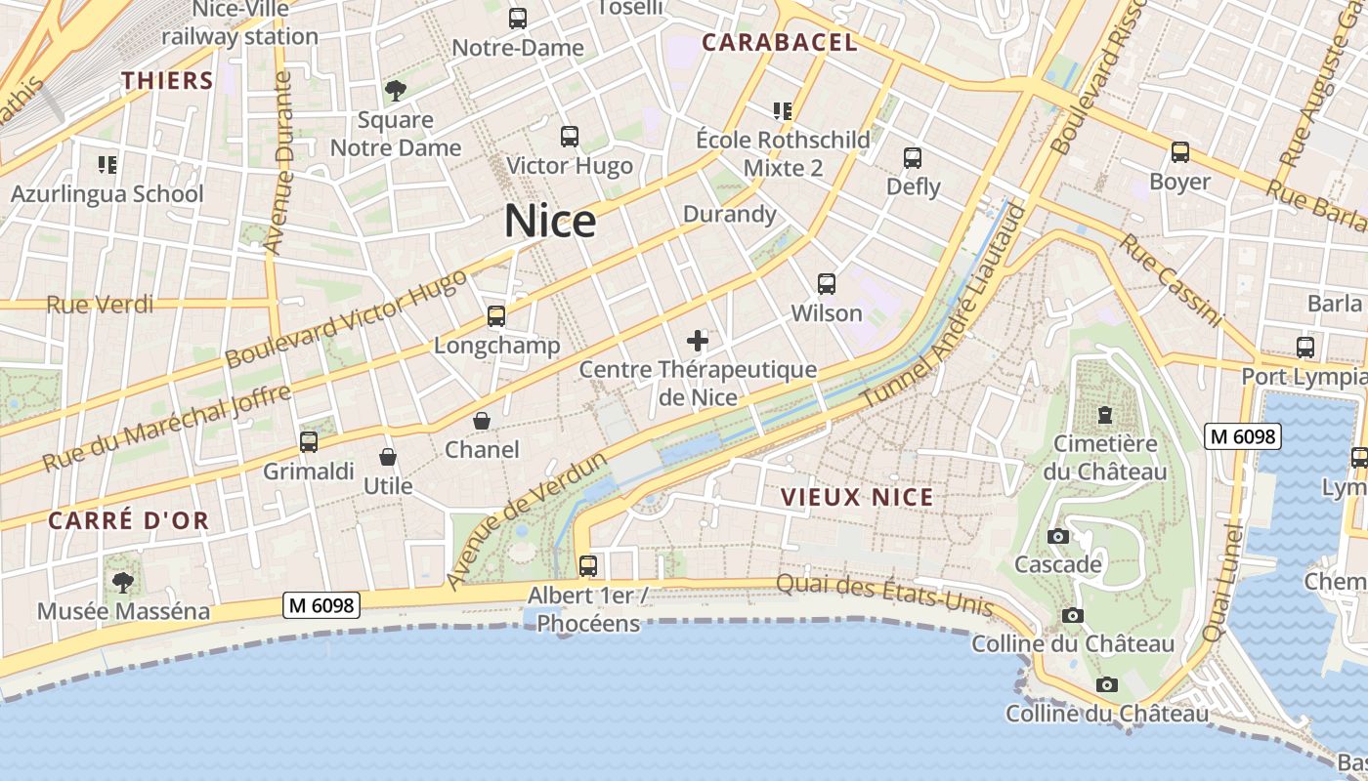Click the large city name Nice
550,222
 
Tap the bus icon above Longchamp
496,316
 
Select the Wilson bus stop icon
827,284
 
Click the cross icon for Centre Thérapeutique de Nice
698,341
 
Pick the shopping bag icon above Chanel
482,421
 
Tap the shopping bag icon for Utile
388,457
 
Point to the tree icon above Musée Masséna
123,583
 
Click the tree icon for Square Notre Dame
396,91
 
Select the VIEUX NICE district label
857,497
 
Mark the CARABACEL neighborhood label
780,42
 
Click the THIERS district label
167,80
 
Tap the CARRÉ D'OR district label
129,520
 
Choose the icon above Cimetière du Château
1105,415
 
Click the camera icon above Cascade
1057,536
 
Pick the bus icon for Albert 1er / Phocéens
588,565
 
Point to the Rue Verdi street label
100,305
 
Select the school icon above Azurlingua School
107,165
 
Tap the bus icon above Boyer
1180,152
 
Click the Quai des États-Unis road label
884,595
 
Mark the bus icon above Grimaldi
309,442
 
